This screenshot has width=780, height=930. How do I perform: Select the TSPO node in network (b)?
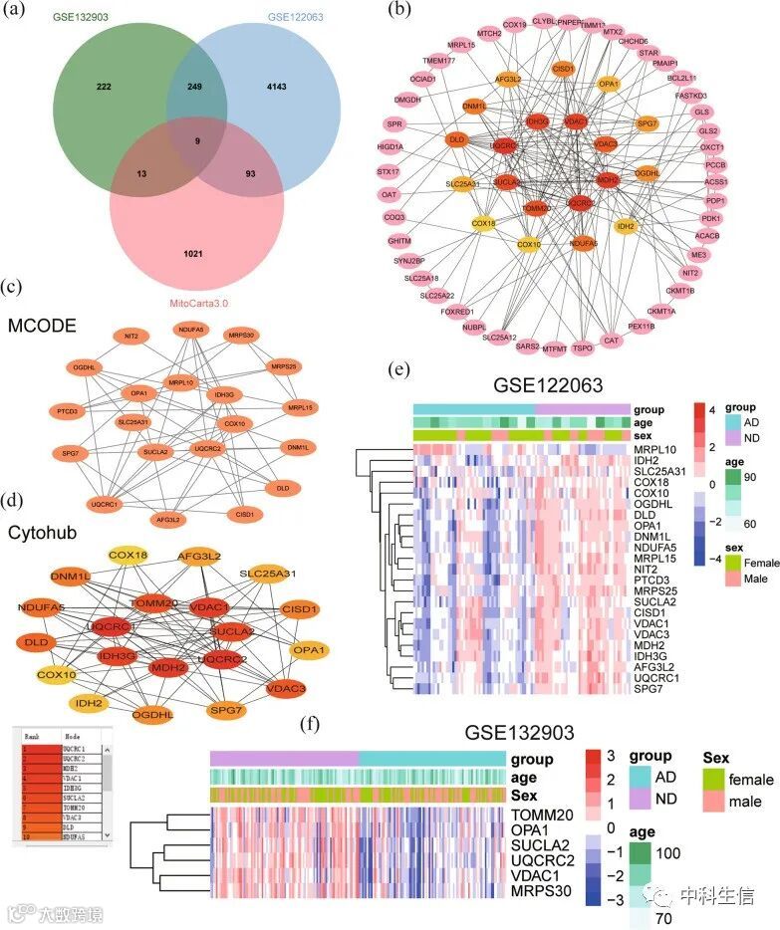(583, 349)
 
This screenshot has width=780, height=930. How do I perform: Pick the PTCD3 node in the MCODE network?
(67, 411)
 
